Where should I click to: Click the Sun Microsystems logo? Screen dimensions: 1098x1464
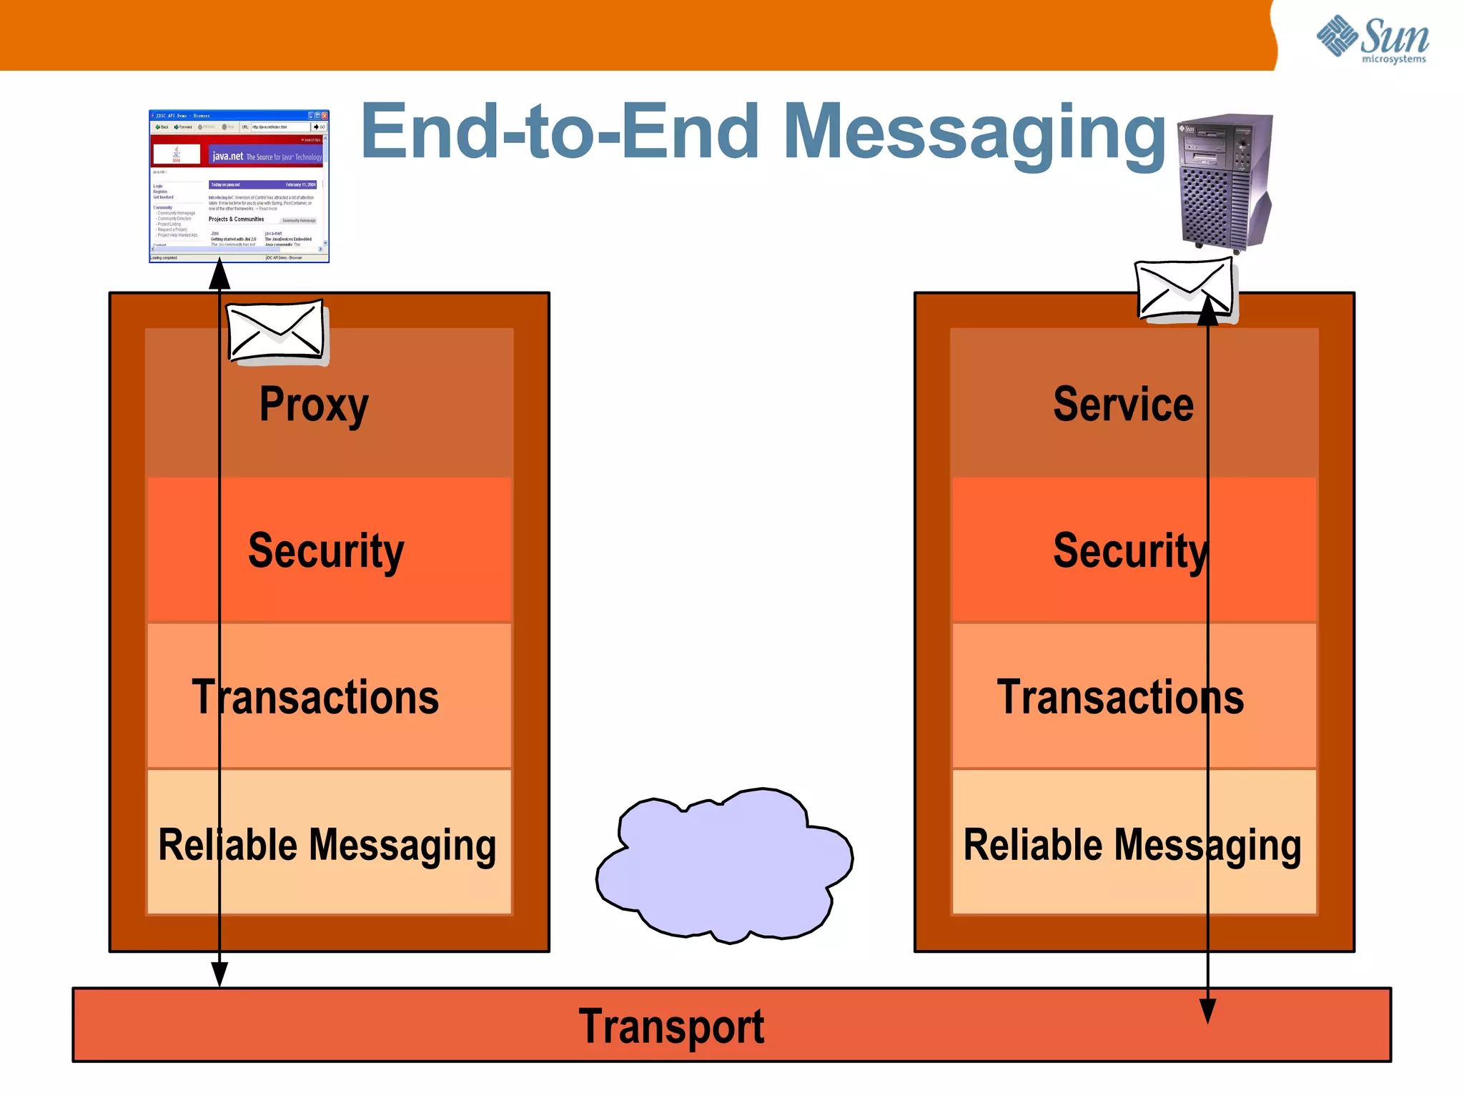(x=1372, y=39)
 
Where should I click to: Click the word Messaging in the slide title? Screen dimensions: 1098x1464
(x=975, y=133)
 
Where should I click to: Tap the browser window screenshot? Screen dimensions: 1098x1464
(x=239, y=186)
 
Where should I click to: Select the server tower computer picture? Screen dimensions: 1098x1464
(x=1225, y=182)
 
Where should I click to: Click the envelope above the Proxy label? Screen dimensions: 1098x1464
(x=275, y=332)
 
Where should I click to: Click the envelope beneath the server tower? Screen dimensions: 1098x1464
(x=1184, y=290)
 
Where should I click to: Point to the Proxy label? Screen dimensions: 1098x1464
(x=314, y=405)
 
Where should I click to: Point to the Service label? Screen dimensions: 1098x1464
(x=1123, y=405)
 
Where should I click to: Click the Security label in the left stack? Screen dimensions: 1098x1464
(x=326, y=551)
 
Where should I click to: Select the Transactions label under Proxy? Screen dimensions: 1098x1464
(x=315, y=698)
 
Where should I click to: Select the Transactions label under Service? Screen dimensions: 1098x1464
(x=1120, y=698)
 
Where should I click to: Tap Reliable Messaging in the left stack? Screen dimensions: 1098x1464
(x=327, y=845)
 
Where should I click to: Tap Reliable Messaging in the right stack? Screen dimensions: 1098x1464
(x=1132, y=845)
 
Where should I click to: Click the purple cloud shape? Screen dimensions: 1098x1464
(x=723, y=865)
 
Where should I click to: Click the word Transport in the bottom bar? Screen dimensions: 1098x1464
(x=671, y=1027)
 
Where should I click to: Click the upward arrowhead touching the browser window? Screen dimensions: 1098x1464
(x=219, y=275)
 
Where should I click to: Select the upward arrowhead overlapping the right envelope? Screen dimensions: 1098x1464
(x=1207, y=310)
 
